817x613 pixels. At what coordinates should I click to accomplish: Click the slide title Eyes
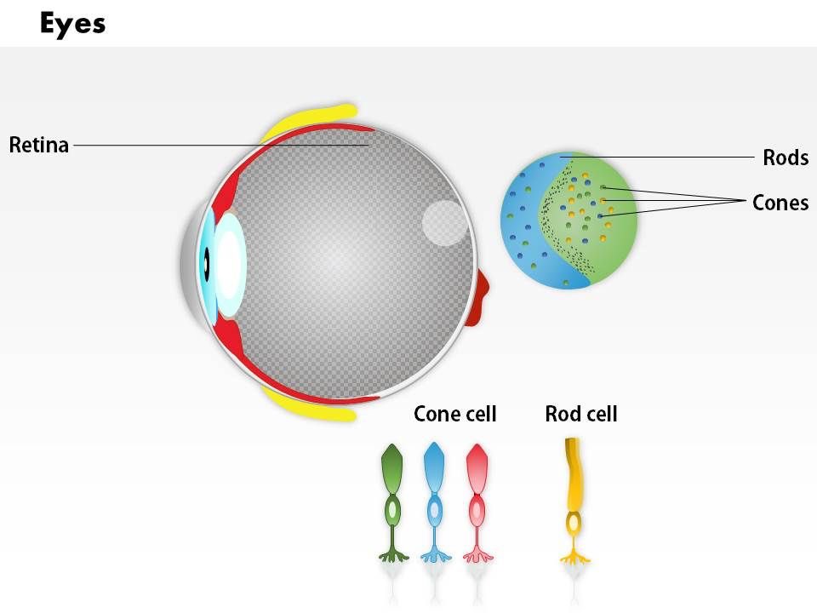[72, 23]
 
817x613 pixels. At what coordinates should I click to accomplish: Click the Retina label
[38, 145]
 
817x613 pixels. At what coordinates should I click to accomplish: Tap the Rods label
[785, 158]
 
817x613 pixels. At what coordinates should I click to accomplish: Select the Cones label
[780, 203]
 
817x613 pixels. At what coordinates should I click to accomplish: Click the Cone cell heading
[454, 415]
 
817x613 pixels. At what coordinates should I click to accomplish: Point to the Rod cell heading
[580, 415]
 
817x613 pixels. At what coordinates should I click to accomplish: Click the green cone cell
[392, 502]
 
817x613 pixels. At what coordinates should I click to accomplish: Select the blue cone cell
[434, 502]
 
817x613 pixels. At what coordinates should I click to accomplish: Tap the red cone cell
[477, 502]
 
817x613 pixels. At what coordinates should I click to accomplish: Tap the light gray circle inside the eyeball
[444, 223]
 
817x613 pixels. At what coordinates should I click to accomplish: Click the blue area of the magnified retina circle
[521, 221]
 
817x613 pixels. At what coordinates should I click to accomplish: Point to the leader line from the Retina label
[221, 145]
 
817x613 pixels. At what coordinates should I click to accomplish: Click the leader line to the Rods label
[681, 158]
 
